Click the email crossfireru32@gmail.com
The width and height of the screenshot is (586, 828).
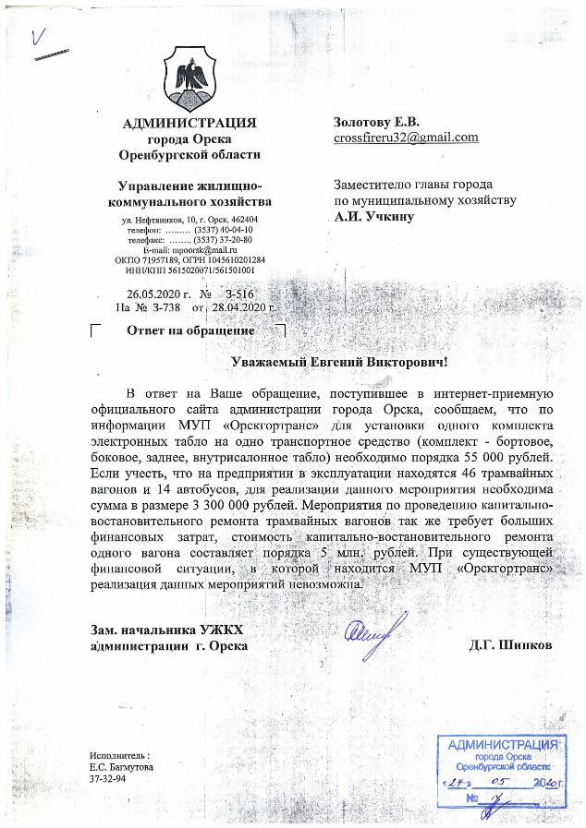point(406,138)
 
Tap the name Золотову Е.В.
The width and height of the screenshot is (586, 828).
point(376,122)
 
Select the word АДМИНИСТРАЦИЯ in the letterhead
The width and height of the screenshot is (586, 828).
point(189,123)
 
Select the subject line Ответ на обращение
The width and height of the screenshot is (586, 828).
point(190,330)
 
